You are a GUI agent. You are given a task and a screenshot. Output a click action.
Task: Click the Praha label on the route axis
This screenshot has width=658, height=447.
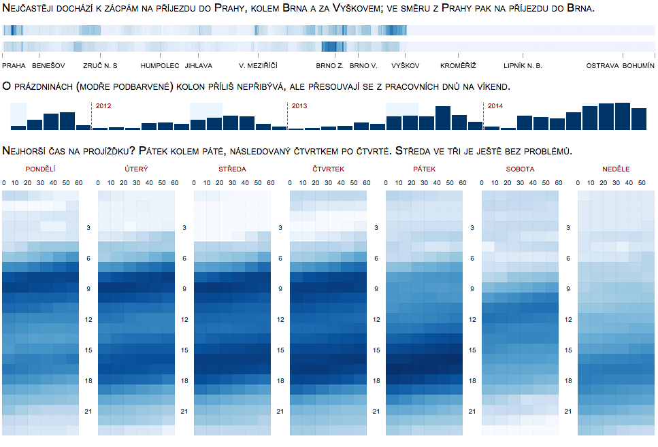coord(14,66)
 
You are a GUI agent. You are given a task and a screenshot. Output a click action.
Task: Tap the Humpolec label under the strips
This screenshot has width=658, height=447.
coord(160,66)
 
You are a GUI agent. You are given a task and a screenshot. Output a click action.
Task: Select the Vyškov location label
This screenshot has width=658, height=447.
coord(406,66)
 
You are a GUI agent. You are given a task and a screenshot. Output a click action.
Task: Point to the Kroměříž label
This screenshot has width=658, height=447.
coord(458,66)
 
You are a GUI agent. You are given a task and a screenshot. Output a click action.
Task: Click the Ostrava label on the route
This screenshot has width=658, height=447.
coord(603,66)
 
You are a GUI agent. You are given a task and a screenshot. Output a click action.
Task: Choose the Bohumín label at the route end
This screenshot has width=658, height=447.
coord(638,66)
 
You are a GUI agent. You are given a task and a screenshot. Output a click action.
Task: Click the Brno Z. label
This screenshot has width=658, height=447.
coord(330,66)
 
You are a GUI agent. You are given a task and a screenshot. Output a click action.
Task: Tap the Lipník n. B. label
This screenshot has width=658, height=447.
coord(523,66)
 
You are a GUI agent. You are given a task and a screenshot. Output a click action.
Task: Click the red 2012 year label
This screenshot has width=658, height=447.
coord(103,106)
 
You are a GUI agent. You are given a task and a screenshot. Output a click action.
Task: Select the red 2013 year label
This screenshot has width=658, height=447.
coord(299,106)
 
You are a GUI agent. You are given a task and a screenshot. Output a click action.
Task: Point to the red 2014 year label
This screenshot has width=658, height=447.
coord(495,106)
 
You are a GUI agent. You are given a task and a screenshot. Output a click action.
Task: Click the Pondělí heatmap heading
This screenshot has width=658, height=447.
coord(41,169)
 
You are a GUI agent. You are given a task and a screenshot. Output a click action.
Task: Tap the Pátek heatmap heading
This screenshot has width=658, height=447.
coord(424,169)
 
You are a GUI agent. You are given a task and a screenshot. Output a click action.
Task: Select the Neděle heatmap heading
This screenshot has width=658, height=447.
coord(616,169)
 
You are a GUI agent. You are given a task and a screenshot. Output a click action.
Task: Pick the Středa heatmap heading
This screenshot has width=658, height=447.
coord(233,169)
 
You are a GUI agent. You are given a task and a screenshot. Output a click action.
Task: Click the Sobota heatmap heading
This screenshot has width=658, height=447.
coord(520,169)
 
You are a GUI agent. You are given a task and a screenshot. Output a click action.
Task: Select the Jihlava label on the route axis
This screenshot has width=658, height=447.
coord(199,66)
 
